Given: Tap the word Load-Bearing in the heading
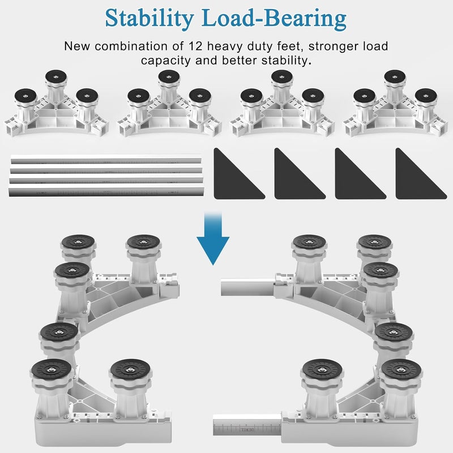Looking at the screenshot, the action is click(x=274, y=18).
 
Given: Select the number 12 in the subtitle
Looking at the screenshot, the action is click(x=195, y=46).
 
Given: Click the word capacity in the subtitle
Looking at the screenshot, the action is click(x=166, y=61).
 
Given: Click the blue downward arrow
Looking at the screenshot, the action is click(x=213, y=238).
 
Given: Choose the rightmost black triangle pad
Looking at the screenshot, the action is click(x=421, y=174).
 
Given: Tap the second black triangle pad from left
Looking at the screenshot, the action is click(x=300, y=174).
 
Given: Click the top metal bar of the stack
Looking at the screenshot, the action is click(x=106, y=159).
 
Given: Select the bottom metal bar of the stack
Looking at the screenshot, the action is click(x=106, y=191).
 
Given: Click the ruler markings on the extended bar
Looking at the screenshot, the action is click(x=247, y=429).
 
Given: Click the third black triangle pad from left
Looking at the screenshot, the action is click(x=360, y=174).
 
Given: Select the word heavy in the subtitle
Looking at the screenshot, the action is click(x=222, y=46).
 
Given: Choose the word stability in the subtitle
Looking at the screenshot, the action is click(x=287, y=61).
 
